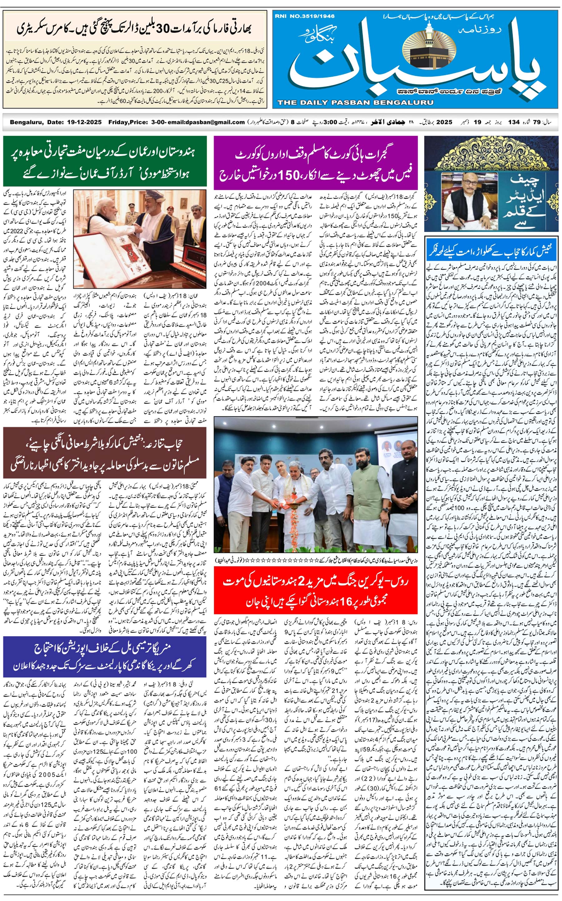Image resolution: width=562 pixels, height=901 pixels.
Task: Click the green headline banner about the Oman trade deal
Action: pos(105,161)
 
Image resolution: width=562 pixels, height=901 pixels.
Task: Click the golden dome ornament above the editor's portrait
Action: pos(491,156)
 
